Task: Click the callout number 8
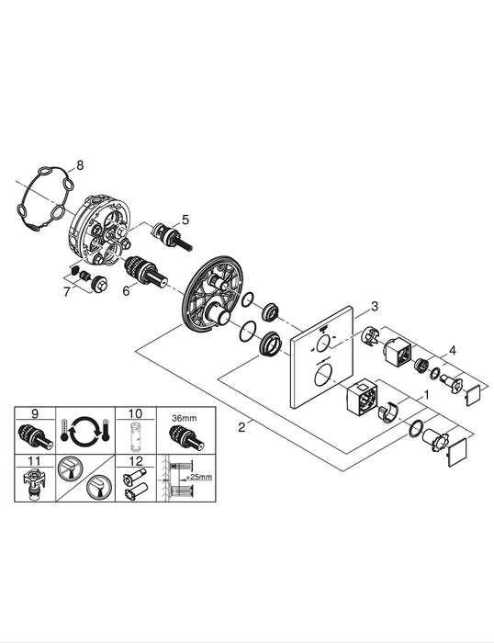pos(80,164)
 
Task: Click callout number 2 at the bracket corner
pos(241,427)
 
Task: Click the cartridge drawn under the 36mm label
pos(187,437)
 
